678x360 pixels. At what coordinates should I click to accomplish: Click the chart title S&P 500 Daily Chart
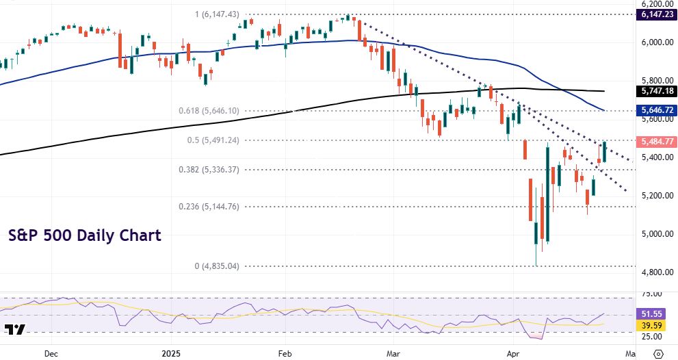85,235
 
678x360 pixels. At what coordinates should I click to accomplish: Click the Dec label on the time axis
51,353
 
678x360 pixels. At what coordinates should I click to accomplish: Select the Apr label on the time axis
512,353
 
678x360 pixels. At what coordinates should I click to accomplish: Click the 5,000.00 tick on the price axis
655,234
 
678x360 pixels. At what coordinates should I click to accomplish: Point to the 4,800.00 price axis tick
655,272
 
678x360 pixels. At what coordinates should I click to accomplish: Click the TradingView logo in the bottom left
15,329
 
